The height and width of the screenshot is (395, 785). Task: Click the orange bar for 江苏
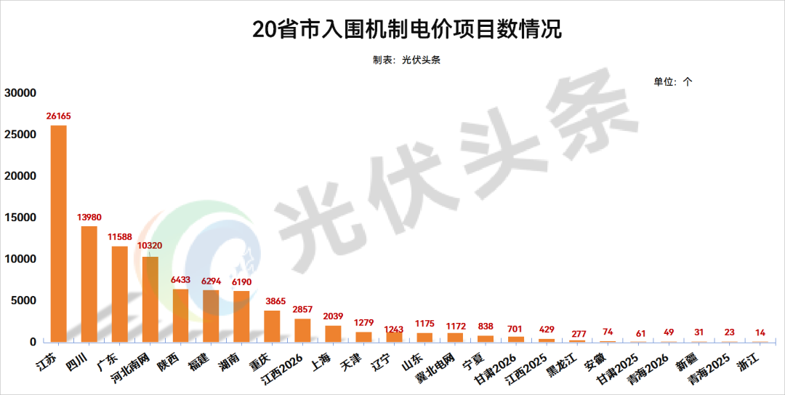click(58, 233)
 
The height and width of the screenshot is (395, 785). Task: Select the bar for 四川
click(89, 284)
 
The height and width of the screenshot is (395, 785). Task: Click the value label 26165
click(58, 116)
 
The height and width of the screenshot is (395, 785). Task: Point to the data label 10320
click(150, 246)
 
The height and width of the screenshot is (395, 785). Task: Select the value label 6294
click(211, 280)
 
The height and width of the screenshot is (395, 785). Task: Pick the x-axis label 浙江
click(749, 359)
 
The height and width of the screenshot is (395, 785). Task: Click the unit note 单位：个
click(673, 81)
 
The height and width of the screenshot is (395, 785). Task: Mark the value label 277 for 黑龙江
click(577, 332)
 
